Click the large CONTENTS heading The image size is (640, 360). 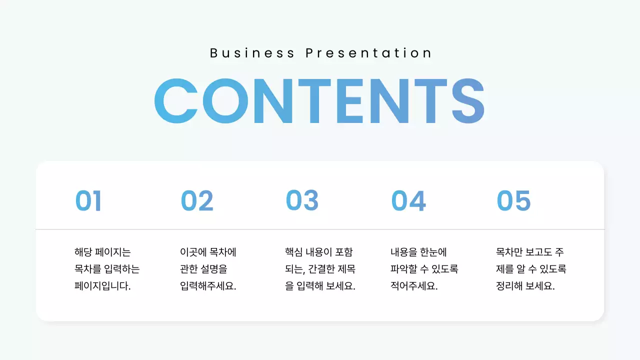319,101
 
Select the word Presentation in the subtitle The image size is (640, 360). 369,53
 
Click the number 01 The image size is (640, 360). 88,201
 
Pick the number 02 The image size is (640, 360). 197,201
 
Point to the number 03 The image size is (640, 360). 302,201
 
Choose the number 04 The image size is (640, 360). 408,201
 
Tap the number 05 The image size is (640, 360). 513,201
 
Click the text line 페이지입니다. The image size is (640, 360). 102,287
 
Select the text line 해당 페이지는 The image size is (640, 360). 102,252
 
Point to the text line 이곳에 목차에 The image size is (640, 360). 208,252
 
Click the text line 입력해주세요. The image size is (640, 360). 208,287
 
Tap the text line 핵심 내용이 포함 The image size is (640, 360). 319,252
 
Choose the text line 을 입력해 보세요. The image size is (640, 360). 320,287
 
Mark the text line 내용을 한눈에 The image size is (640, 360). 418,252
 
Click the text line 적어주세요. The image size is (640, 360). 414,287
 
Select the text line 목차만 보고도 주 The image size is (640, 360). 530,252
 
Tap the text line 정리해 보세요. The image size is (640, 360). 525,287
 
